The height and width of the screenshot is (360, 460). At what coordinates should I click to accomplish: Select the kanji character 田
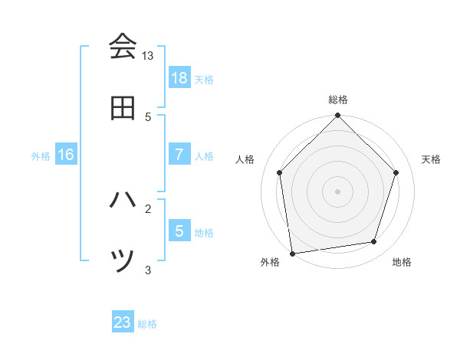point(123,108)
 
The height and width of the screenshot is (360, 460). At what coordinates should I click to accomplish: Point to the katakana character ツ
point(123,261)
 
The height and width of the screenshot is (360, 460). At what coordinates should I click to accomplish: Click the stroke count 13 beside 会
point(148,56)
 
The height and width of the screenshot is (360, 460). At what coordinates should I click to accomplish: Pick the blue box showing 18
point(179,77)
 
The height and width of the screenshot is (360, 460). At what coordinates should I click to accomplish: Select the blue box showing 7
point(179,154)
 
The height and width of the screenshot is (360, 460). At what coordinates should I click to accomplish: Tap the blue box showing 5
point(179,231)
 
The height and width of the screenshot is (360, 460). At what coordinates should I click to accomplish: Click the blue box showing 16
point(66,154)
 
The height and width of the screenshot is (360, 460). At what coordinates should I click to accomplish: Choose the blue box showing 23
point(123,322)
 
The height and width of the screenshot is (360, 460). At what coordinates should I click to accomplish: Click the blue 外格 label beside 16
point(41,155)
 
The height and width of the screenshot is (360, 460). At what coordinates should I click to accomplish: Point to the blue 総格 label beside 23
point(147,324)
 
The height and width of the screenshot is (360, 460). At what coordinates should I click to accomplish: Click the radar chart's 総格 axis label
point(338,100)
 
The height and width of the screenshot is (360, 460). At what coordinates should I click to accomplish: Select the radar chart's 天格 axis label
point(432,159)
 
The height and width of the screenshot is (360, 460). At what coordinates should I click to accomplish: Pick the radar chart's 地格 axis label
point(402,262)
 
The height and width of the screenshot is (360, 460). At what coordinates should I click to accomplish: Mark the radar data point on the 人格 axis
point(280,172)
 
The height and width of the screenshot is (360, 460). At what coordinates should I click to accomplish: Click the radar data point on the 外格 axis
point(292,253)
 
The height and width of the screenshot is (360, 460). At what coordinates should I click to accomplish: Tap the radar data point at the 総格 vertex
point(338,116)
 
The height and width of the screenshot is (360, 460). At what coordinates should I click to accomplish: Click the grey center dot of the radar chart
point(338,191)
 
